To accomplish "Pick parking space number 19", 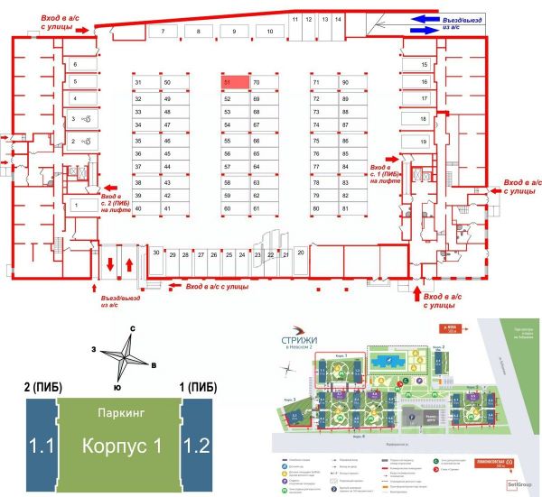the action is coord(423,143).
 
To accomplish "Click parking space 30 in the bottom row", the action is coord(156,254).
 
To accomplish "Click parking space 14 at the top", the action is coord(338,18).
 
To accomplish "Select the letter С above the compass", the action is coord(133,328).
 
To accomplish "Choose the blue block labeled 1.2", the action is coord(197,446).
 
